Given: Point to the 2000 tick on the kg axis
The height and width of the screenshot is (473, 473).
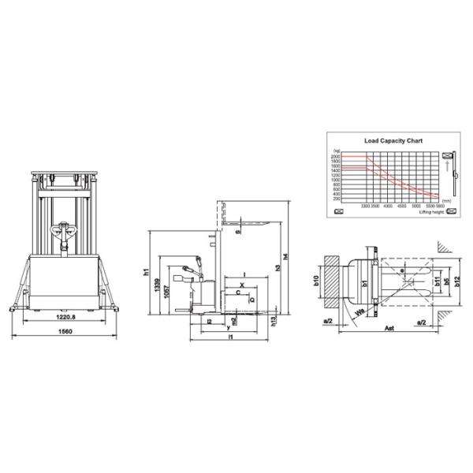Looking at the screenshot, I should tap(336, 156).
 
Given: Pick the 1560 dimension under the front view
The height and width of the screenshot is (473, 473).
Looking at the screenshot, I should tap(65, 333).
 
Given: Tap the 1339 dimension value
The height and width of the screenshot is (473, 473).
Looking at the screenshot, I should tap(157, 285).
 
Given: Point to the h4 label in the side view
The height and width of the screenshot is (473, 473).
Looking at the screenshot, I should tap(285, 255).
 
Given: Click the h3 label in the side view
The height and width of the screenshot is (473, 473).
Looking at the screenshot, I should tap(277, 269).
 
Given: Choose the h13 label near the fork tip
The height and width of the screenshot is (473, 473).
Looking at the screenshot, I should tap(274, 322).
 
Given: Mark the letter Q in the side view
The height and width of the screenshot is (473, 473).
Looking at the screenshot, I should tap(251, 300).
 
